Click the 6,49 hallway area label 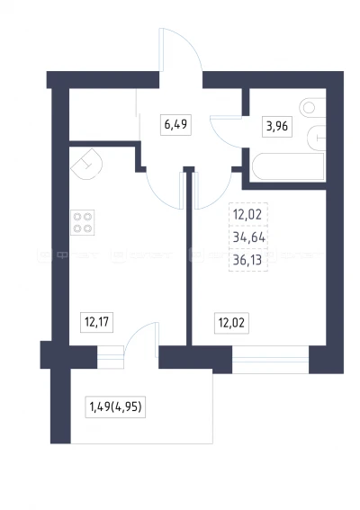175,124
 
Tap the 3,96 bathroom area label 277,126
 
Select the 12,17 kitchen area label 96,322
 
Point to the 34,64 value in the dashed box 249,237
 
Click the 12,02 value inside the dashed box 247,215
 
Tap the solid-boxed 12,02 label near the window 231,323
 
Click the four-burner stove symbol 83,222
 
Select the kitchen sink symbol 86,164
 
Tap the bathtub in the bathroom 288,166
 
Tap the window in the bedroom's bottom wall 271,360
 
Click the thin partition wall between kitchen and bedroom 189,257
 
